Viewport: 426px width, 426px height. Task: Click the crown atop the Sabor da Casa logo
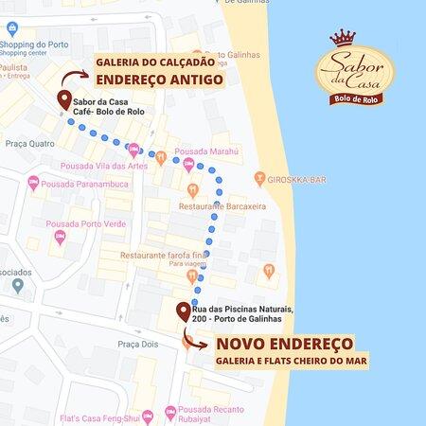[x=342, y=40]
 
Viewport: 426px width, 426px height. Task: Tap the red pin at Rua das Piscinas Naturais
[x=183, y=312]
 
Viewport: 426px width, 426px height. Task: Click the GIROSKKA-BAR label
[x=295, y=179]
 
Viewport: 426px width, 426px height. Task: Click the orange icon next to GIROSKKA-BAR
[x=259, y=179]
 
